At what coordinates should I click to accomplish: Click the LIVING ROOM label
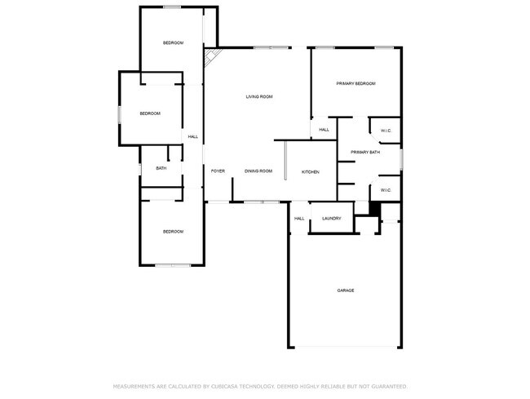pos(258,97)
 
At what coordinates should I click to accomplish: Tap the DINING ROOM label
pos(258,171)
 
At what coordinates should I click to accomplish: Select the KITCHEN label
pos(310,172)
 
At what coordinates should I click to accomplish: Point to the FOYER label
pos(218,171)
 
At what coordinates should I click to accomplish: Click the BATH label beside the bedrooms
pos(161,169)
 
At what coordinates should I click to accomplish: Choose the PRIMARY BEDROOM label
pos(356,84)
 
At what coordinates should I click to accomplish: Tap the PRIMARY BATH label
pos(364,153)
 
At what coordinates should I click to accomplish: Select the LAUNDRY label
pos(331,219)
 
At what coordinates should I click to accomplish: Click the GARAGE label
pos(346,290)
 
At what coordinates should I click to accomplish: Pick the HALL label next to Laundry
pos(299,219)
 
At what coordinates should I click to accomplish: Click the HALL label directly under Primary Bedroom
pos(324,130)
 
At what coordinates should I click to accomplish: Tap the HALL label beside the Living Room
pos(193,136)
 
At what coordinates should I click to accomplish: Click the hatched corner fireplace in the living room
pos(213,56)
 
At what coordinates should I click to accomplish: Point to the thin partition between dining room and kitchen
pos(285,161)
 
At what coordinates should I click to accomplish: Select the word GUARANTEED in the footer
pos(387,386)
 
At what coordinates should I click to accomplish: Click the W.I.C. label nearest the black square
pos(386,191)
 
